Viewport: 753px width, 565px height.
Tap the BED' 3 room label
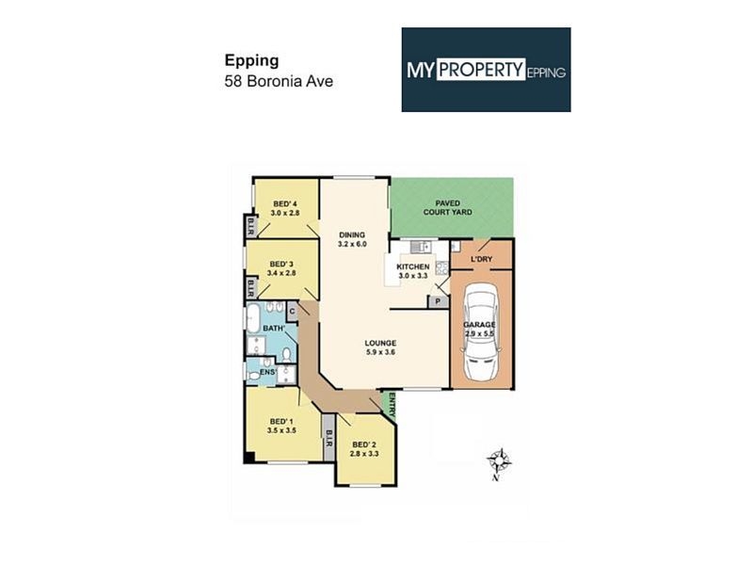coord(281,265)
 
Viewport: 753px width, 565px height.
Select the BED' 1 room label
coord(281,421)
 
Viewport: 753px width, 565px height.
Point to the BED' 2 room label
coord(364,444)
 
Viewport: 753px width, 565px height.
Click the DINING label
coord(352,234)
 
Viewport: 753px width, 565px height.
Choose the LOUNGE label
coord(380,343)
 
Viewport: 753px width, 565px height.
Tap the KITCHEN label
coord(413,266)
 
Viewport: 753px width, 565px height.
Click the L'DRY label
coord(481,260)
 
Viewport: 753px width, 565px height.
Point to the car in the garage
coord(481,331)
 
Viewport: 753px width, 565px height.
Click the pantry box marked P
coord(438,301)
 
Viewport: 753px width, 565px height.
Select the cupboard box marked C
coord(292,312)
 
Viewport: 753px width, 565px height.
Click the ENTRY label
coord(392,405)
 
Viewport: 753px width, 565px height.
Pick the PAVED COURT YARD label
coord(448,207)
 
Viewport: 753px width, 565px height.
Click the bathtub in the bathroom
coord(253,317)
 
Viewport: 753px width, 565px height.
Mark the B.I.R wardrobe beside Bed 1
coord(328,444)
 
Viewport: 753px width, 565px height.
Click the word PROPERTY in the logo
coord(481,70)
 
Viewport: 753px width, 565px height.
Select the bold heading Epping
coord(251,61)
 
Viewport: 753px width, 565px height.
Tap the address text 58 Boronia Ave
coord(279,81)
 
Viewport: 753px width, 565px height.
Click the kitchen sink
coord(421,247)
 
